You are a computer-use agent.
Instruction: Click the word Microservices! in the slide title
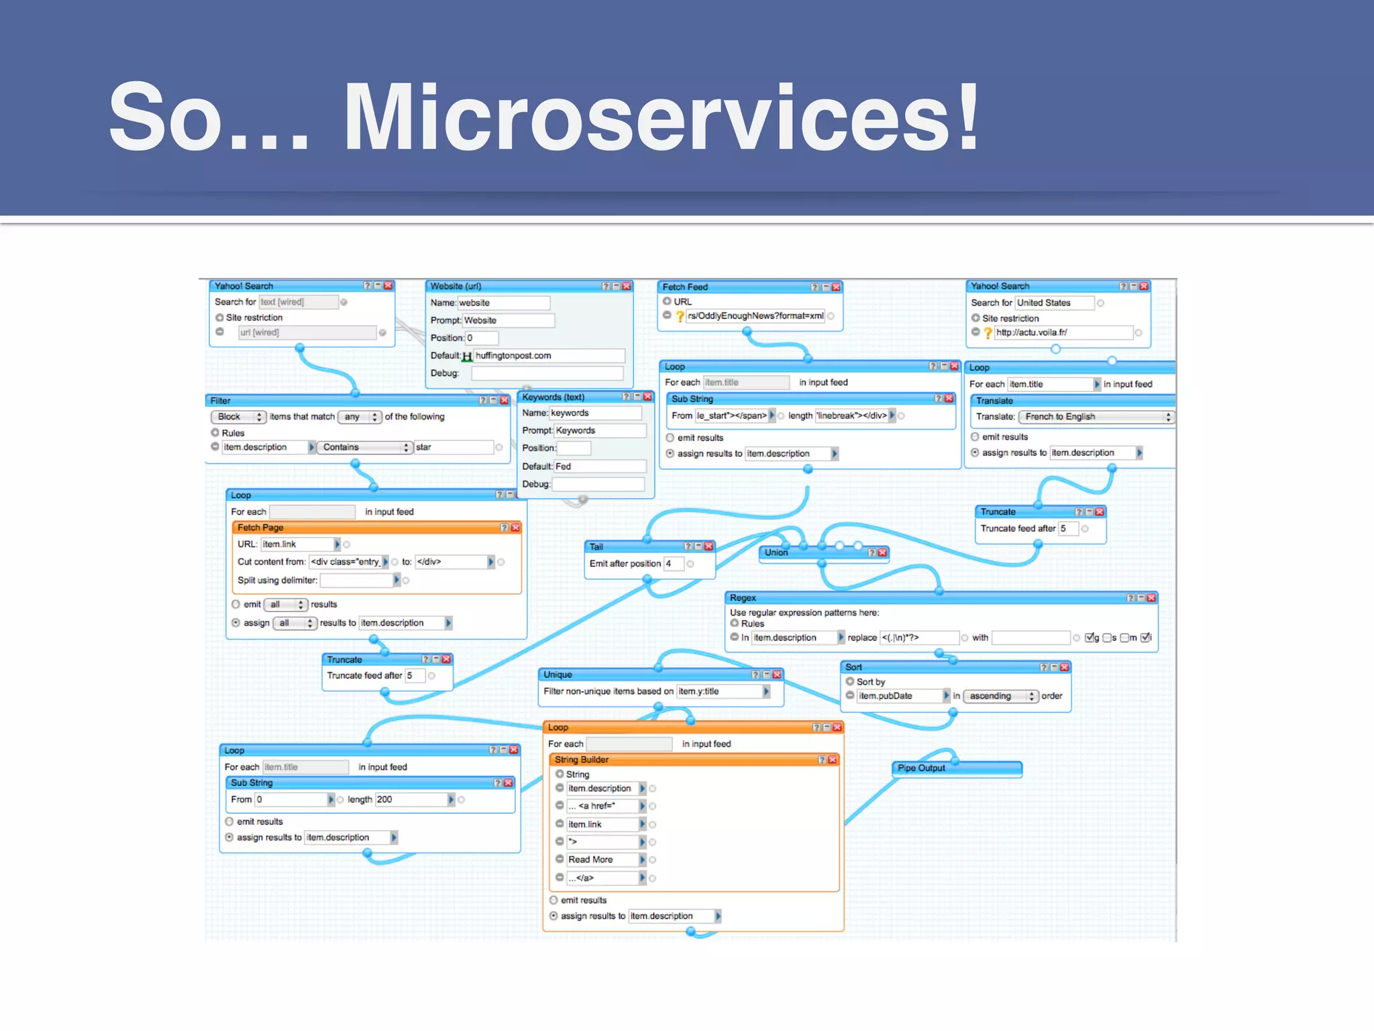(661, 117)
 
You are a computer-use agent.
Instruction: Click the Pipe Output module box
(955, 769)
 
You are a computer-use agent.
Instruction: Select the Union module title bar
(818, 552)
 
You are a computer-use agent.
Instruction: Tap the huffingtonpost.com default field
(548, 356)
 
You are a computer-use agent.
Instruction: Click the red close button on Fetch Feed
(836, 287)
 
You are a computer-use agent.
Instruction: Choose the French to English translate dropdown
(1095, 417)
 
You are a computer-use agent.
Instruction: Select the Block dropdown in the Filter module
(239, 417)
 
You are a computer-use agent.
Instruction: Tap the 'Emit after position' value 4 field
(673, 564)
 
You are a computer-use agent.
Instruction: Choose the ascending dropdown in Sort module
(1000, 696)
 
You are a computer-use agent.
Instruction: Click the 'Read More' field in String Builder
(601, 860)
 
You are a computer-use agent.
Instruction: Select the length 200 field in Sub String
(410, 799)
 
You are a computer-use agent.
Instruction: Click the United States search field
(1053, 303)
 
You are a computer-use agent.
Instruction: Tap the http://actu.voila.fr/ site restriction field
(1063, 333)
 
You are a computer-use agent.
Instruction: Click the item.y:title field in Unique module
(719, 691)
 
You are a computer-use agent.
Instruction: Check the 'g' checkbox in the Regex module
(1090, 638)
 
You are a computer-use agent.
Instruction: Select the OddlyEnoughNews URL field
(755, 316)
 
